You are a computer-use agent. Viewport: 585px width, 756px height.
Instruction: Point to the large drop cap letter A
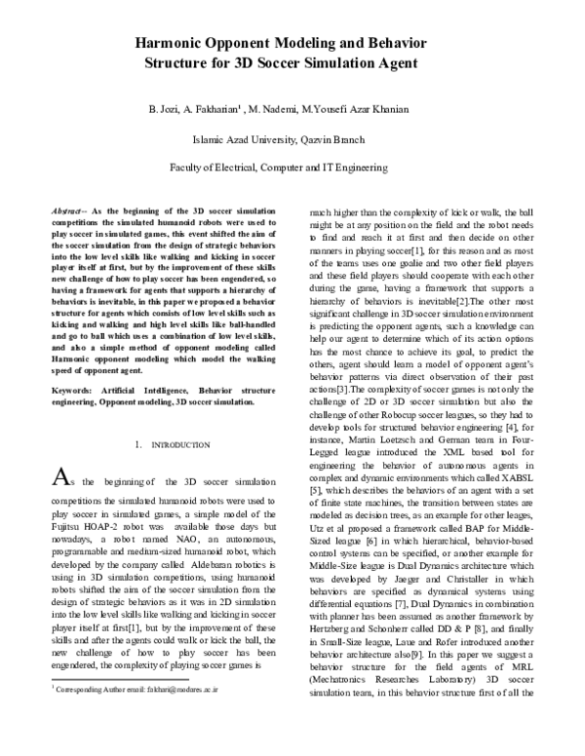click(x=59, y=477)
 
